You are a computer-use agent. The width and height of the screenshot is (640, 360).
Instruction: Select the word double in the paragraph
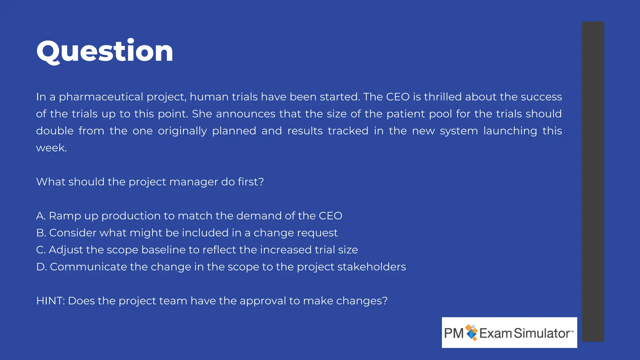(x=55, y=131)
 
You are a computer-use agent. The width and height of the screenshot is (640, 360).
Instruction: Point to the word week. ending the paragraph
(x=52, y=148)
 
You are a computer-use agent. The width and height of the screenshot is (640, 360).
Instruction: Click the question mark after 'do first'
(x=261, y=182)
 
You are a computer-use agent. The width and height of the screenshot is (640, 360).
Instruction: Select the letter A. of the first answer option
(x=41, y=216)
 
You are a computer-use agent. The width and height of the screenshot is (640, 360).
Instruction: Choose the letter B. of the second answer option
(x=41, y=233)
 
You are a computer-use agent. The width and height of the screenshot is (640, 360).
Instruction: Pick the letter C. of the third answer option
(x=41, y=250)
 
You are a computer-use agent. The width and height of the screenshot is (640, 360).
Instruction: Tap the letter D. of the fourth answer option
(x=41, y=267)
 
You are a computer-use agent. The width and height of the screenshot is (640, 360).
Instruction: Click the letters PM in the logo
(x=454, y=333)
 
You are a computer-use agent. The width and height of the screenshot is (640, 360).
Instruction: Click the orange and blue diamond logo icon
(x=472, y=332)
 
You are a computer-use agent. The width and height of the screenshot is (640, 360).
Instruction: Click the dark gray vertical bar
(x=593, y=181)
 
